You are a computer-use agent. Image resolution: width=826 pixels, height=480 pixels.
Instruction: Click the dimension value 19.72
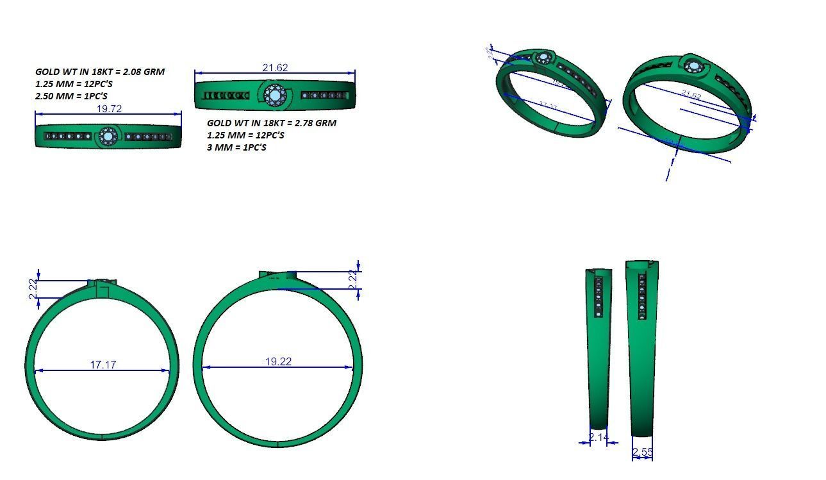(x=109, y=109)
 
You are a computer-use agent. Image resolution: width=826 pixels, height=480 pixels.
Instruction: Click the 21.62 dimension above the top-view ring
(x=275, y=67)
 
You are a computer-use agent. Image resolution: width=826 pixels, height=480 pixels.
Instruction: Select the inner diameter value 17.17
(x=103, y=365)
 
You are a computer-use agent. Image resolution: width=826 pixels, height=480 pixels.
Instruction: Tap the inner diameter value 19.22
(x=278, y=361)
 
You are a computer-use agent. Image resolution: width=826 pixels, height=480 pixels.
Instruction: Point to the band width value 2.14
(x=599, y=437)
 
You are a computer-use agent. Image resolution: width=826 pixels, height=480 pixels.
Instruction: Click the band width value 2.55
(x=642, y=452)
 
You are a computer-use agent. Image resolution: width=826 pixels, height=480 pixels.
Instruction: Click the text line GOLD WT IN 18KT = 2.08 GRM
(x=99, y=72)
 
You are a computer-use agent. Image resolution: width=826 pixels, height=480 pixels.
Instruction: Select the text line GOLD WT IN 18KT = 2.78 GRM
(x=271, y=123)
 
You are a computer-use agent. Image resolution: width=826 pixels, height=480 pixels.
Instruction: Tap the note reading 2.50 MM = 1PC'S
(x=71, y=96)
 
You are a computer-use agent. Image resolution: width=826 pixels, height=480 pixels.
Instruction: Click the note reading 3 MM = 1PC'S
(x=236, y=147)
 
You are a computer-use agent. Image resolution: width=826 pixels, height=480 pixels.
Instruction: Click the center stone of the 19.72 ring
(x=108, y=137)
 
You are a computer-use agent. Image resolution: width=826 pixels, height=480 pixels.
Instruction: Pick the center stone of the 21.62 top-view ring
(x=274, y=96)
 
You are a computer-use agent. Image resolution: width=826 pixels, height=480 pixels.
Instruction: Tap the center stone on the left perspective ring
(x=545, y=59)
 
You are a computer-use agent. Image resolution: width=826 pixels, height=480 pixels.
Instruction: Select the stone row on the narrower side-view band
(x=599, y=297)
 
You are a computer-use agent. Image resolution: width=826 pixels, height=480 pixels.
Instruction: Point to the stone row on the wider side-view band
(x=641, y=295)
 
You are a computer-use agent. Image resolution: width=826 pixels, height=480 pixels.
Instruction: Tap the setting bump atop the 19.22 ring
(x=277, y=275)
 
